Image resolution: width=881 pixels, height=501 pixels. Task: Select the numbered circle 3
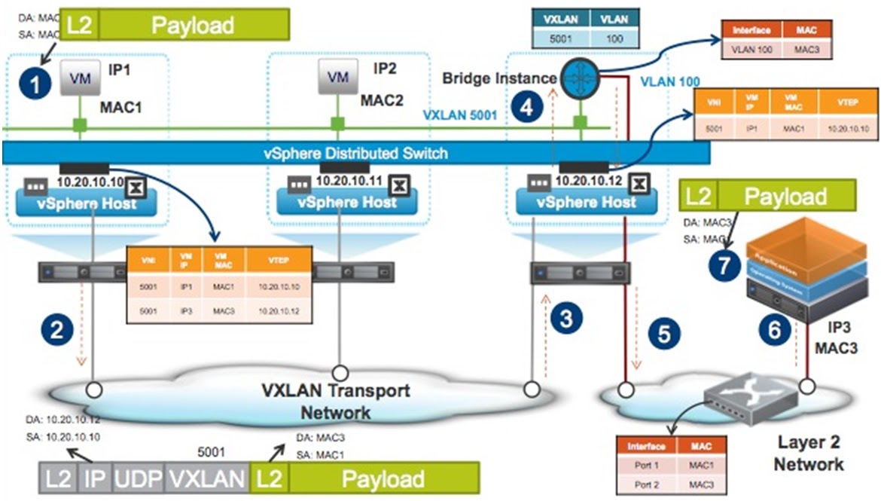point(565,318)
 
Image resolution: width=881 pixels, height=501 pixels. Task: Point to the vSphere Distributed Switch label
point(355,154)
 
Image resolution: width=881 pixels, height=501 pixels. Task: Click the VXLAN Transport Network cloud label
point(335,401)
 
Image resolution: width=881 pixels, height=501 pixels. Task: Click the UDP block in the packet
point(137,478)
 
